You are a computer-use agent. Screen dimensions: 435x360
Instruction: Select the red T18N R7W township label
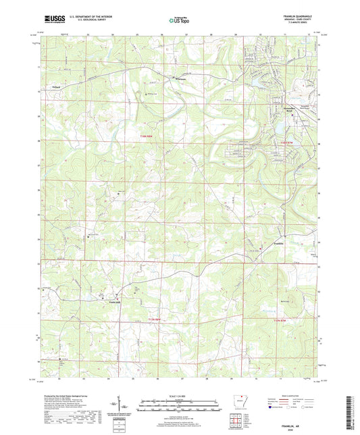pos(288,143)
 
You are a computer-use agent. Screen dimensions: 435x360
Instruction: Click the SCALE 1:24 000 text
pos(180,396)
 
